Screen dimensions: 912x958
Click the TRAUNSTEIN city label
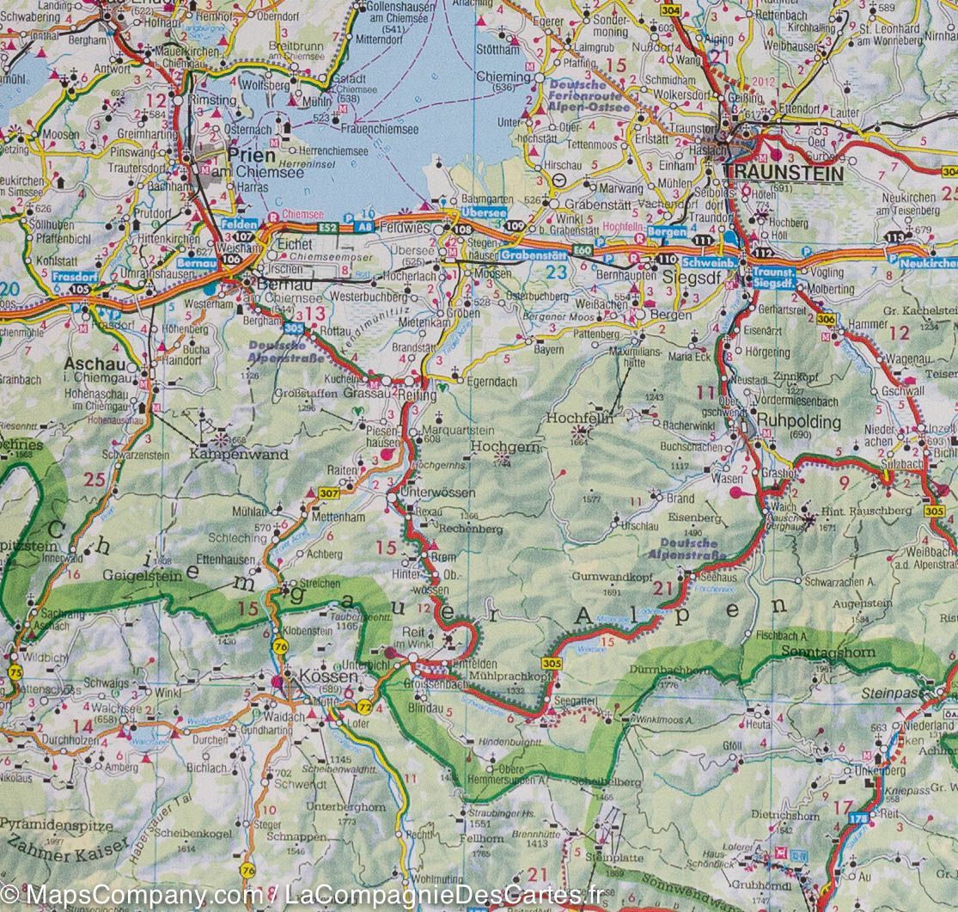coord(784,172)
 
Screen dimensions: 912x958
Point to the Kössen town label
coord(314,676)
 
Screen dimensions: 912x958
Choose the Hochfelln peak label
coord(579,419)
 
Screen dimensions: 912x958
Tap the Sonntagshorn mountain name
coord(829,652)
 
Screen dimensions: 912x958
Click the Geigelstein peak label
coord(142,576)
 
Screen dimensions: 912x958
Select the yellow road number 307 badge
coord(328,493)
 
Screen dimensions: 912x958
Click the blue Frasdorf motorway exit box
coord(70,278)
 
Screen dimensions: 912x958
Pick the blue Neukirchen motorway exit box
coord(928,263)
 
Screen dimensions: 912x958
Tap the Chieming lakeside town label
coord(503,77)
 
